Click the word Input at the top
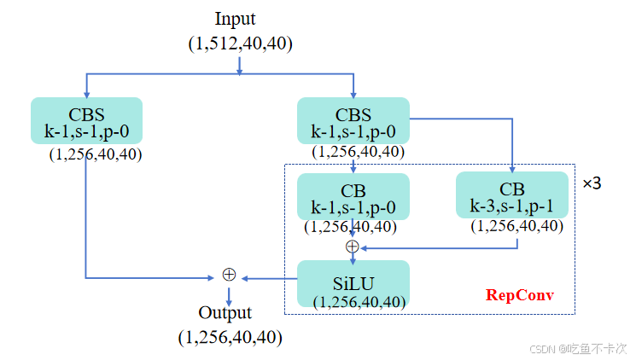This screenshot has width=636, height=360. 235,19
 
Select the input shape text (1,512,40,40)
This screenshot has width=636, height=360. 240,44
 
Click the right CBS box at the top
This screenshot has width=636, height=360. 353,120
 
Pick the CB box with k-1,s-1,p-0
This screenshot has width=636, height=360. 353,196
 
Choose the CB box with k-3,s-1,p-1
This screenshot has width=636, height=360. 511,196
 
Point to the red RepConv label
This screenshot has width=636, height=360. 520,295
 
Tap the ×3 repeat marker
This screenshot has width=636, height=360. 592,183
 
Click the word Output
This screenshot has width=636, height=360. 225,312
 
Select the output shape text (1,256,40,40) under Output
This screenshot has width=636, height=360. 230,337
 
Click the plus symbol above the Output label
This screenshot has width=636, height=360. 228,275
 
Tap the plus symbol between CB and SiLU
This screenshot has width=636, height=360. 352,247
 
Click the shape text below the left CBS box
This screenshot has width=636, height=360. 96,154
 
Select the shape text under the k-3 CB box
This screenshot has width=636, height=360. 517,226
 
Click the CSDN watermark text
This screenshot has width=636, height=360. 578,349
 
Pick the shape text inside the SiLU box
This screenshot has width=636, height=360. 358,301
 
